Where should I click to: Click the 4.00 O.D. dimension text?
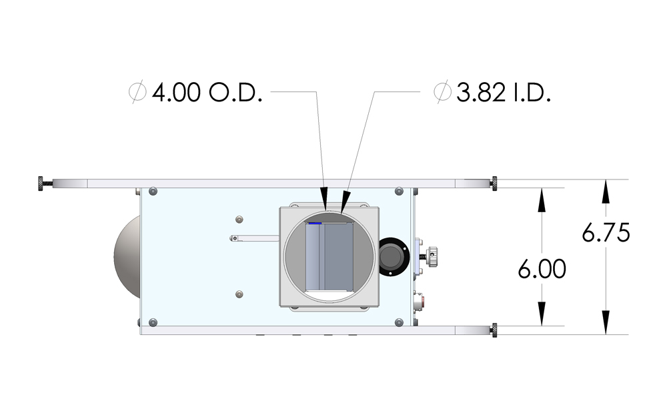[x=207, y=92]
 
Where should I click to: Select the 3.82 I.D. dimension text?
[x=504, y=92]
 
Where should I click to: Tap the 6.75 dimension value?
[x=606, y=233]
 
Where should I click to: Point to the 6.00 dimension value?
[x=542, y=269]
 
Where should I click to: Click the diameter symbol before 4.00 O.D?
[x=137, y=92]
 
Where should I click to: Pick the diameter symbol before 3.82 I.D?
[x=442, y=92]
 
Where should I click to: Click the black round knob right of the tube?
[x=393, y=257]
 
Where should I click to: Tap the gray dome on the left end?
[x=127, y=257]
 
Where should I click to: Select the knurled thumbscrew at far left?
[x=45, y=183]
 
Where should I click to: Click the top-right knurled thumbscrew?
[x=494, y=183]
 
